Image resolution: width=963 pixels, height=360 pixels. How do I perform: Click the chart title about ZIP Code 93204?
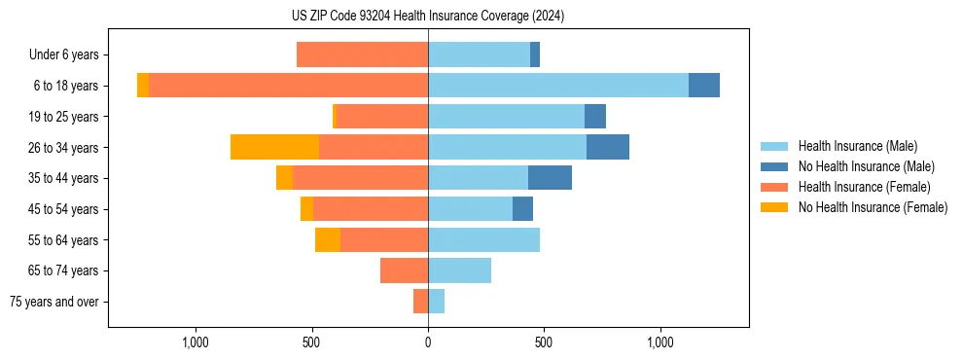tap(428, 17)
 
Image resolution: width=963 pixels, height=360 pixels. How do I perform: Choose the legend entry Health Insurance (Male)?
tap(856, 146)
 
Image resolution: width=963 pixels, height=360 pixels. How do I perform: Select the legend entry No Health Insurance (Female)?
tap(872, 207)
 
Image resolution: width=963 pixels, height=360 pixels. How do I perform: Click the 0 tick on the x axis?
tap(428, 342)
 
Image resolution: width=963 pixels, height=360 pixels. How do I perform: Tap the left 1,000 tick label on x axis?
tap(196, 342)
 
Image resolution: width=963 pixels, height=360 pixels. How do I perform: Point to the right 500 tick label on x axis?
tap(544, 342)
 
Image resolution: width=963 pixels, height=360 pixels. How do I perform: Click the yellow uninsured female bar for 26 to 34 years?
tap(274, 147)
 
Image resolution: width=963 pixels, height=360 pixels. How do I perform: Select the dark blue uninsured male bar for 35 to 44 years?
tap(550, 178)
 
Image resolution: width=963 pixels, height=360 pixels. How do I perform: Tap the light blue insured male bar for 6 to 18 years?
tap(558, 86)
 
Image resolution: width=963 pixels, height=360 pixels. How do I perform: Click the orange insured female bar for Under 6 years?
tap(362, 54)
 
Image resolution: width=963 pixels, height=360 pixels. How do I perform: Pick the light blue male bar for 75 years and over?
tap(436, 302)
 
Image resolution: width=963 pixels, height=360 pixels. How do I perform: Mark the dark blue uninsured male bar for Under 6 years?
tap(535, 54)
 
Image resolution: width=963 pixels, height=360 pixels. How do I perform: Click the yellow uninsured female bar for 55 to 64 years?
tap(328, 239)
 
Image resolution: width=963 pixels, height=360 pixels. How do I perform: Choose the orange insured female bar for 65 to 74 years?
tap(404, 270)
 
